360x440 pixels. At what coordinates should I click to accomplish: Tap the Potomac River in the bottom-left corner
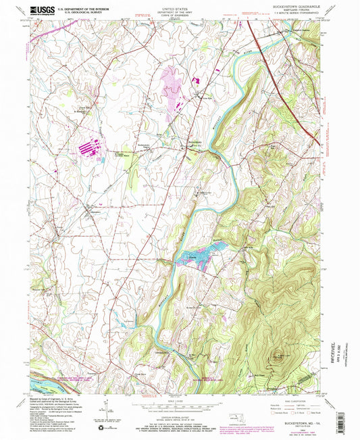coord(41,383)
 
